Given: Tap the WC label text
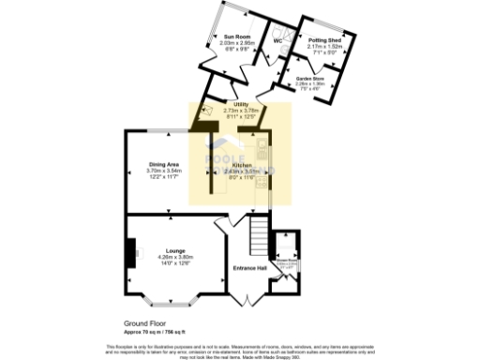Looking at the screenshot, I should pos(277,41).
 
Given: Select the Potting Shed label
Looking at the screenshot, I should pos(324,41).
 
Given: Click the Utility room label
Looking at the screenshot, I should pos(241,105).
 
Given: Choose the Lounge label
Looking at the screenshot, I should pos(174,250).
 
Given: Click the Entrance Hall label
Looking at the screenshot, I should pos(250,268).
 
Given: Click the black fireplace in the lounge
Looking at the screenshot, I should pos(129,251).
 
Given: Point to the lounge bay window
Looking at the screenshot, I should pos(175,306).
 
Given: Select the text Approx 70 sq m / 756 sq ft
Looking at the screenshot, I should pos(157,331).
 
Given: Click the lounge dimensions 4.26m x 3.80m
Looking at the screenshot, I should pos(174,257).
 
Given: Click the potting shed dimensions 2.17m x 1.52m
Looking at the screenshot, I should pos(324,47).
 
